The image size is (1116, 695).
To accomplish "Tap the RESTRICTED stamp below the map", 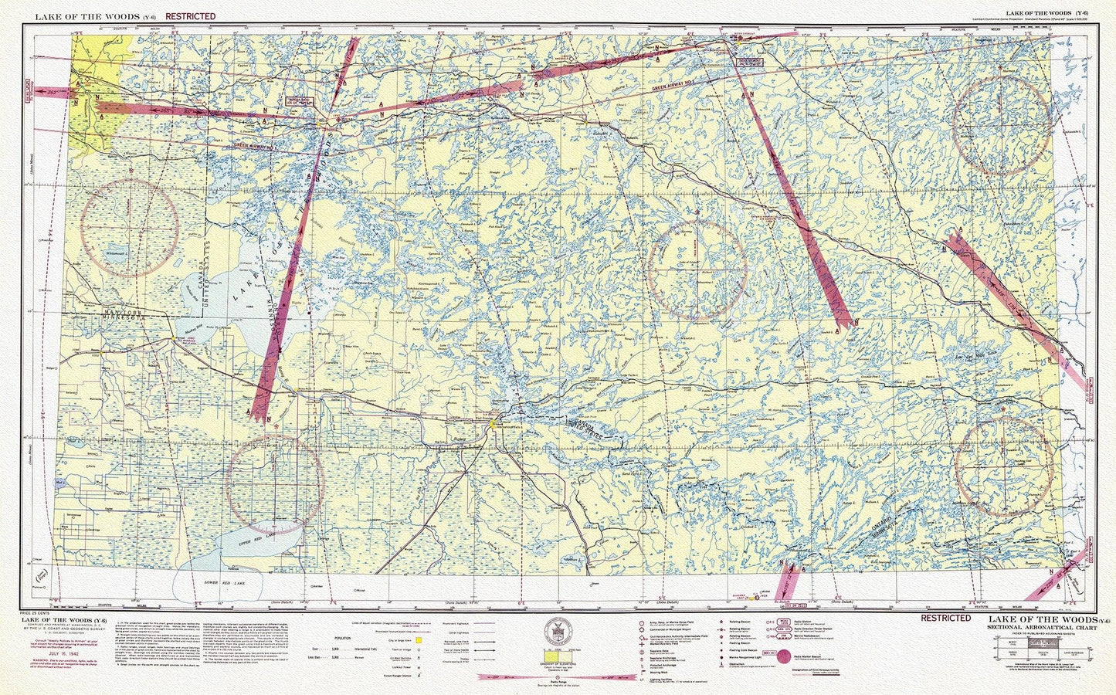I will pyautogui.click(x=945, y=618).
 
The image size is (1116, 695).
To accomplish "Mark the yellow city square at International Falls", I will pyautogui.click(x=494, y=423).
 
